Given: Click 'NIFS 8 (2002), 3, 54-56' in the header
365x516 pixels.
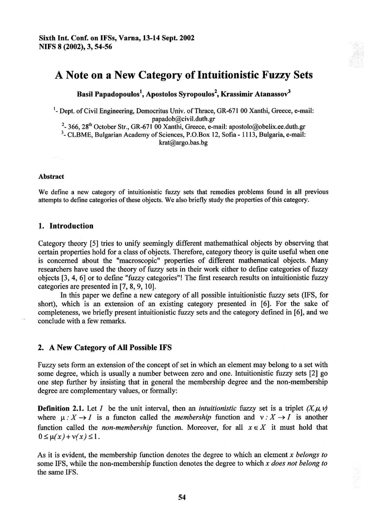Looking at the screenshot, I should [75, 46].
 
